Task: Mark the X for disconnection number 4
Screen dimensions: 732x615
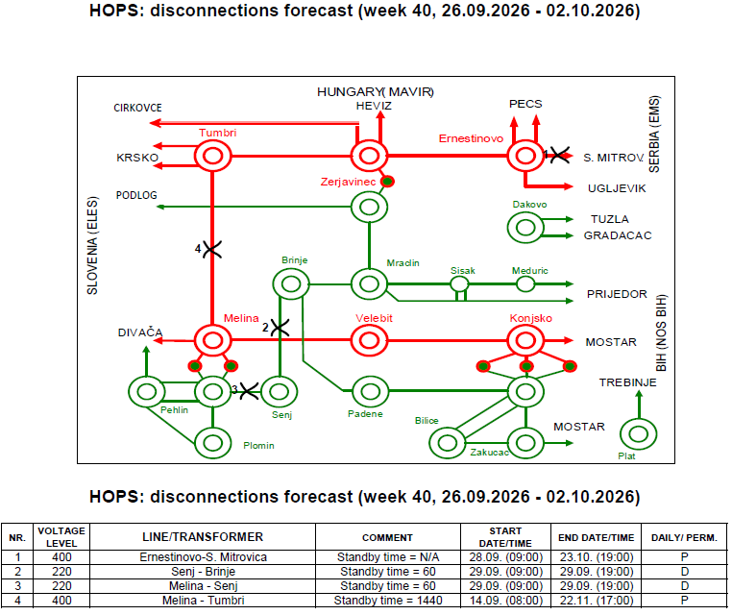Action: click(212, 249)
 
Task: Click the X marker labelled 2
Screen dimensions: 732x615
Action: click(281, 328)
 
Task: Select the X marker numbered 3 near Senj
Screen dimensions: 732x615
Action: click(249, 391)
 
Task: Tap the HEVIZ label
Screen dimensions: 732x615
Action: click(374, 106)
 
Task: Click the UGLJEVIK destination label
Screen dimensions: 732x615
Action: click(617, 188)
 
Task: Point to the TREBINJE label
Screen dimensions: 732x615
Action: click(627, 382)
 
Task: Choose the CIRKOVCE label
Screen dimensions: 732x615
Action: click(137, 108)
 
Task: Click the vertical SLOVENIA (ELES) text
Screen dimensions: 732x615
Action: click(92, 246)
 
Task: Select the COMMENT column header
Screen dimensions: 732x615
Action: click(387, 537)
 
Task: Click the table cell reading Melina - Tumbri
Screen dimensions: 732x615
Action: click(203, 600)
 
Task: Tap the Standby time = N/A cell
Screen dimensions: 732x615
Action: click(388, 557)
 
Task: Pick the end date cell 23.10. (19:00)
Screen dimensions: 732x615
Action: click(597, 557)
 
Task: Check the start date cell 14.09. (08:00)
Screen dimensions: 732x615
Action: click(506, 600)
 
